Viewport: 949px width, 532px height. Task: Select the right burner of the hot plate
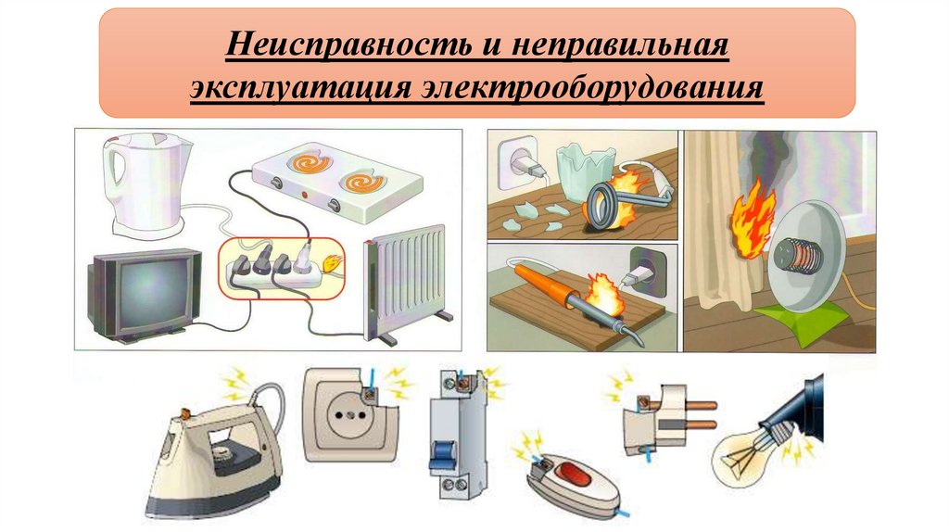pos(362,179)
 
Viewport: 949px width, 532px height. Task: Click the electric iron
pos(217,454)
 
